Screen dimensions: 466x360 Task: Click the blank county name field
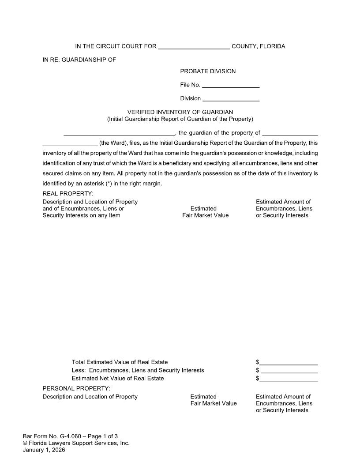click(x=194, y=46)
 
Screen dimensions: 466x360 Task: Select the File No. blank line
click(x=230, y=85)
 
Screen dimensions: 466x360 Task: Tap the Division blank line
click(x=231, y=98)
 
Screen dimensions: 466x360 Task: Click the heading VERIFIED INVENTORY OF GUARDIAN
click(x=180, y=112)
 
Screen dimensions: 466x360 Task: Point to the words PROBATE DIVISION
click(x=208, y=71)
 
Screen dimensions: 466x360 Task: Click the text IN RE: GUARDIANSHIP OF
click(x=79, y=60)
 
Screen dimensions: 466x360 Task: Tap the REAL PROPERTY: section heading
click(x=68, y=193)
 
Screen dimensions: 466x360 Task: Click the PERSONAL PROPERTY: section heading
click(x=76, y=388)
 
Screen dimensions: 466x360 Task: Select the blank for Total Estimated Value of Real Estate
click(x=289, y=362)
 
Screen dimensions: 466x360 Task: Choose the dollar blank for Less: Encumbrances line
click(x=289, y=370)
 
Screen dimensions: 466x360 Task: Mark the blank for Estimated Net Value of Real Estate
click(x=289, y=379)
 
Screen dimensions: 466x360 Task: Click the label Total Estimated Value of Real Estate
click(x=120, y=362)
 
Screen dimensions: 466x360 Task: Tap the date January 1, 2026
click(x=44, y=450)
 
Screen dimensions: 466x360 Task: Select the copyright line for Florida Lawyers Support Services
click(x=76, y=443)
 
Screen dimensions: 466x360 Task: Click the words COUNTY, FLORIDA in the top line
click(x=258, y=46)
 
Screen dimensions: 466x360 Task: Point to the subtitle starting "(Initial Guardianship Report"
click(x=180, y=119)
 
